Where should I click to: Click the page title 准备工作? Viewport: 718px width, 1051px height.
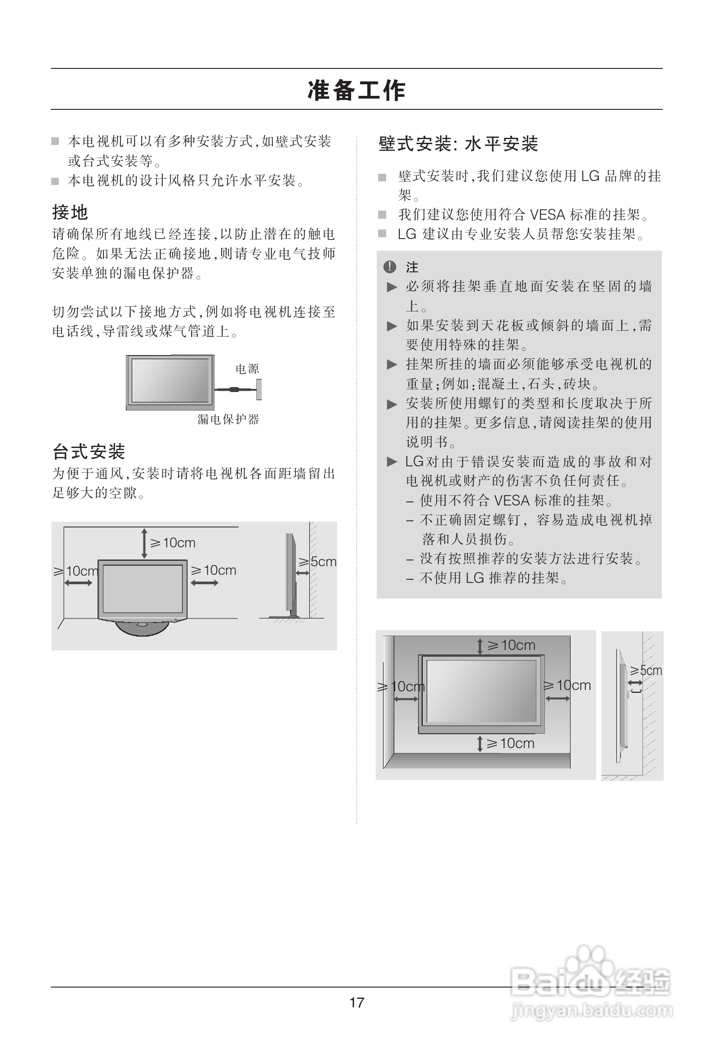tap(357, 90)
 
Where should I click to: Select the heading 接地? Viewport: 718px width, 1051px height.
tap(70, 212)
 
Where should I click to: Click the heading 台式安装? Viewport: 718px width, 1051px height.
tap(89, 451)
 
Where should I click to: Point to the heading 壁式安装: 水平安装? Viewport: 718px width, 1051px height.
tap(458, 144)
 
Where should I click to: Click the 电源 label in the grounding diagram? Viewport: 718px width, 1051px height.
tap(247, 369)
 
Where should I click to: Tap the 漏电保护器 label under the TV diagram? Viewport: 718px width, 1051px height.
tap(228, 419)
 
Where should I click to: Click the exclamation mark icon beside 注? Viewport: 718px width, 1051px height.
tap(389, 267)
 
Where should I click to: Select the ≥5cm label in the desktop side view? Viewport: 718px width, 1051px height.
tap(318, 562)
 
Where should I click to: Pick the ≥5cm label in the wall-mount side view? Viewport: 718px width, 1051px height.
tap(646, 670)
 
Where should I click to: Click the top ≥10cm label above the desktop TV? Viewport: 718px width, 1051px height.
tap(173, 543)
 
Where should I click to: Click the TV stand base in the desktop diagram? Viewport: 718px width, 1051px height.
tap(143, 628)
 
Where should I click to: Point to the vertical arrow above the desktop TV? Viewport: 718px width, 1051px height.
tap(144, 543)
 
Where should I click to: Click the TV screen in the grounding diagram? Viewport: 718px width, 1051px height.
tap(170, 380)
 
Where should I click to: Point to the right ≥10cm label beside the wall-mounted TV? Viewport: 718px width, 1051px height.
tap(567, 685)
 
